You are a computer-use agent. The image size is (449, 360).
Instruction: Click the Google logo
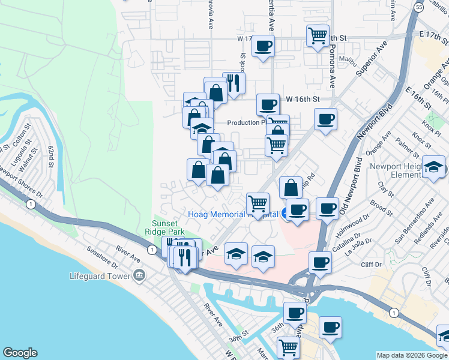pos(20,353)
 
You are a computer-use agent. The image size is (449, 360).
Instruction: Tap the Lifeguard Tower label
pos(100,276)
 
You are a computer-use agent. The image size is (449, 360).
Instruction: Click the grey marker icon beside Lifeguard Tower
pos(139,275)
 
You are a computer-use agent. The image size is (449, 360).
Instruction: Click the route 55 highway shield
pos(418,5)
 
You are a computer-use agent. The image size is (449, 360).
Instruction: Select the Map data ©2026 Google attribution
pos(411,355)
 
